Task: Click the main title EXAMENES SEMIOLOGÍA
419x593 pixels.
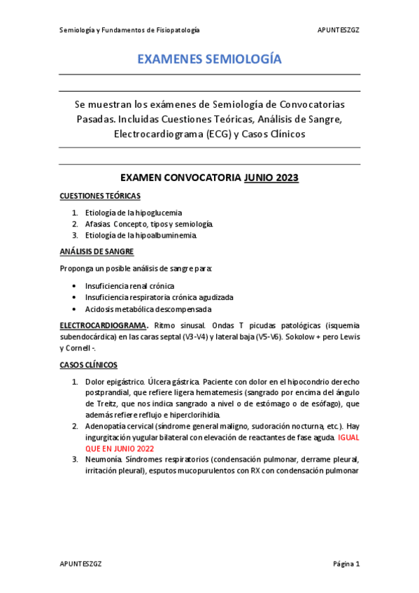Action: (209, 59)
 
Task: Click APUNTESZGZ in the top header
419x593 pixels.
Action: (339, 30)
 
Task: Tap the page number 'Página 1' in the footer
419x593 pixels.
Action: (346, 564)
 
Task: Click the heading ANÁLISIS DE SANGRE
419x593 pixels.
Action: (97, 251)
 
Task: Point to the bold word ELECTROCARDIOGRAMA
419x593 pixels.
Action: (103, 325)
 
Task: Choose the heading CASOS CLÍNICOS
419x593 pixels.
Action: (88, 365)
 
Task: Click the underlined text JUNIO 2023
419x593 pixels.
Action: (271, 178)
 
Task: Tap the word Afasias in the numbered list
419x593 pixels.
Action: (97, 224)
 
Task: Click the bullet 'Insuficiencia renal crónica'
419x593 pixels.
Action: (129, 286)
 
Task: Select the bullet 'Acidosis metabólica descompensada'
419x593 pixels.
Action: (148, 308)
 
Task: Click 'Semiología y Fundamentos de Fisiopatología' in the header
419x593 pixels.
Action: (129, 30)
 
